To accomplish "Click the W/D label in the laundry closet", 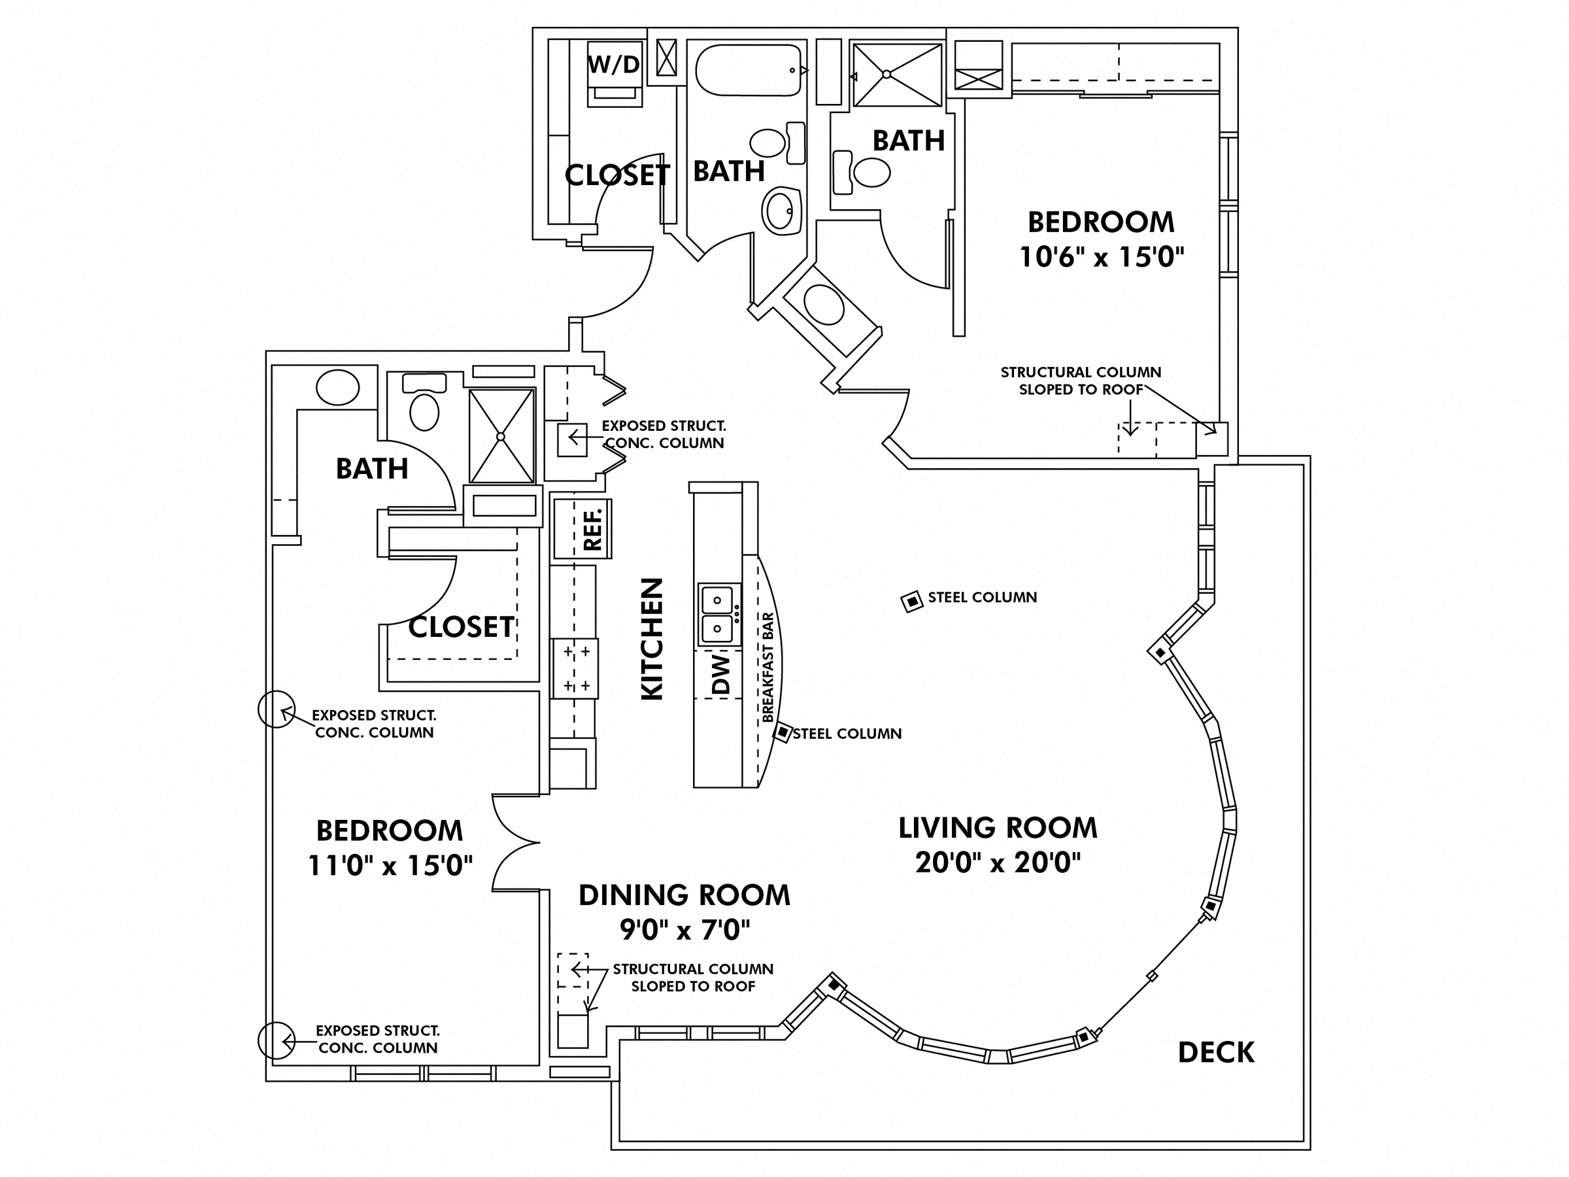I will click(x=614, y=65).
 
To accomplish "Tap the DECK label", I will click(x=1216, y=1053).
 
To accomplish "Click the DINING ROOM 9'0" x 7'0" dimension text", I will click(x=684, y=929).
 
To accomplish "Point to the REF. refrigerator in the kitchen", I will click(x=582, y=528).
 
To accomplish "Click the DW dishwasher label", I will click(x=720, y=674).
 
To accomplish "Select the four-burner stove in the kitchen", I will click(x=575, y=668).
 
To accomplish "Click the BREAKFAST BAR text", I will click(x=768, y=667).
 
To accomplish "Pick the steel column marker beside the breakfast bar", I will click(x=783, y=732).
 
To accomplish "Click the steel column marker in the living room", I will click(x=911, y=602).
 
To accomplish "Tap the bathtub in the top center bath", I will click(x=749, y=70).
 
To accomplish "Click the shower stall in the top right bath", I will click(x=898, y=75).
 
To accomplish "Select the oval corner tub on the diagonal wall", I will click(x=824, y=305).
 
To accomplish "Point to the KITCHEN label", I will click(x=652, y=638).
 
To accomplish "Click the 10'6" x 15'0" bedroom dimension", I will click(x=1102, y=257).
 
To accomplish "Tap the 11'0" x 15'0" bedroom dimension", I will click(x=390, y=866).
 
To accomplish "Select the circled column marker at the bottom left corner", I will click(x=276, y=1041).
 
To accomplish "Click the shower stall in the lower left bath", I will click(x=501, y=436).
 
